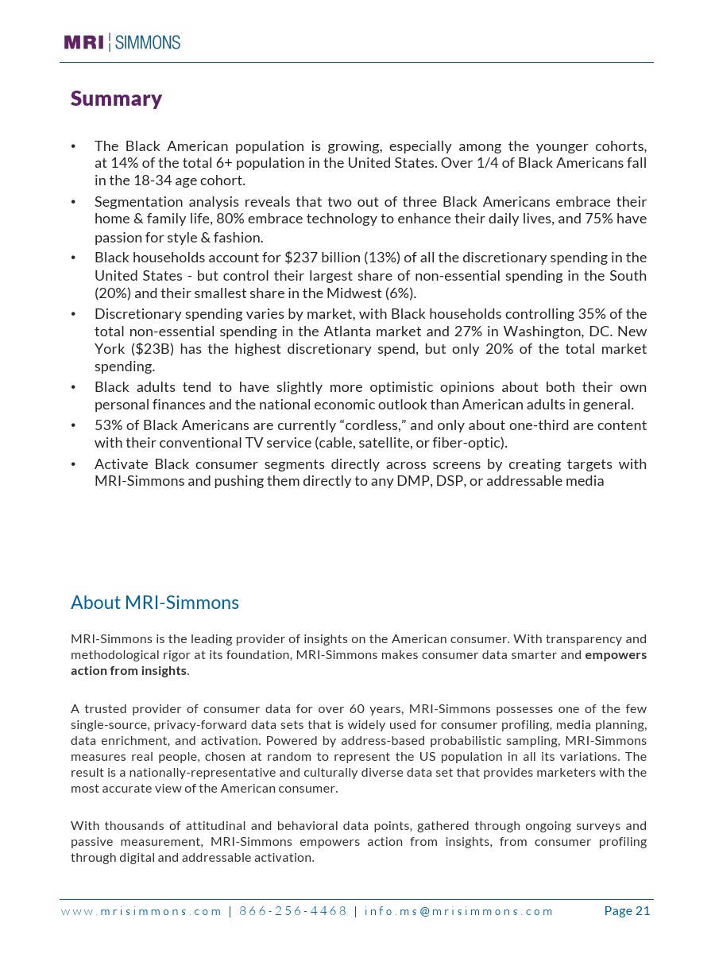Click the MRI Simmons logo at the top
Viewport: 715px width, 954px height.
(122, 42)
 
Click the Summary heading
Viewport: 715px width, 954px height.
(116, 99)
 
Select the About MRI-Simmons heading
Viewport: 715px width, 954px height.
(155, 603)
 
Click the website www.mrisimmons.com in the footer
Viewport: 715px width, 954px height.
(141, 911)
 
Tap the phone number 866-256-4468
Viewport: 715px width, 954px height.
(293, 911)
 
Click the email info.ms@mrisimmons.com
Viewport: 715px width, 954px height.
(458, 911)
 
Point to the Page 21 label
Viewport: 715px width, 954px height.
(627, 911)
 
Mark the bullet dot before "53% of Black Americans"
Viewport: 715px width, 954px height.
(73, 425)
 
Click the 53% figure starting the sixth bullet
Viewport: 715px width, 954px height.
(107, 425)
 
